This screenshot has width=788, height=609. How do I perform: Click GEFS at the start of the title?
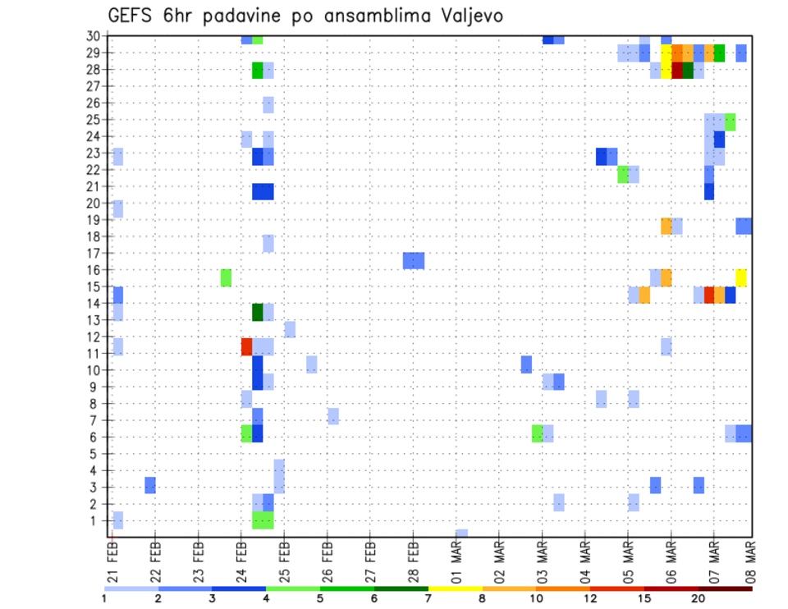point(131,16)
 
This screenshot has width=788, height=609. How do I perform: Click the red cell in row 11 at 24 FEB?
point(246,346)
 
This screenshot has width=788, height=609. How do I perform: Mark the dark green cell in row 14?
point(257,312)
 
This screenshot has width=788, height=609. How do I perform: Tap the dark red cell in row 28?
point(677,71)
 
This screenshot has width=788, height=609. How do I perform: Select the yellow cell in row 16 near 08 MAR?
point(741,277)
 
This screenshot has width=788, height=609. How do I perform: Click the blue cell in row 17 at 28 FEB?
point(414,261)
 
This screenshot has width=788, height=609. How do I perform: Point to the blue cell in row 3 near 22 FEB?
point(150,485)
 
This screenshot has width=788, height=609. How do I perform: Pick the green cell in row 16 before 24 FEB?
point(226,277)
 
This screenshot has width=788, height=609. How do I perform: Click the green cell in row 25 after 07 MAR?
point(731,121)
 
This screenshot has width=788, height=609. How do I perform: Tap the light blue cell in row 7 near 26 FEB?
point(332,416)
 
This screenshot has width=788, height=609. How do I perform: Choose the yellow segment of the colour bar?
point(455,588)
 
